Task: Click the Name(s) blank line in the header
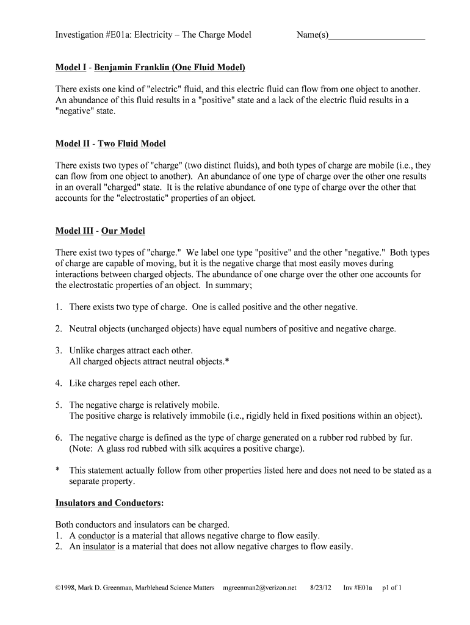tap(376, 37)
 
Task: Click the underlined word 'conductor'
tap(96, 536)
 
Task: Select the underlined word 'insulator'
tap(99, 547)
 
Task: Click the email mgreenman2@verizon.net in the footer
tap(260, 588)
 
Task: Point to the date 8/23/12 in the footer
tap(320, 588)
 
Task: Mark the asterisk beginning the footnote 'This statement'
tap(57, 471)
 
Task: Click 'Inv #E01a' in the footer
tap(356, 588)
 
